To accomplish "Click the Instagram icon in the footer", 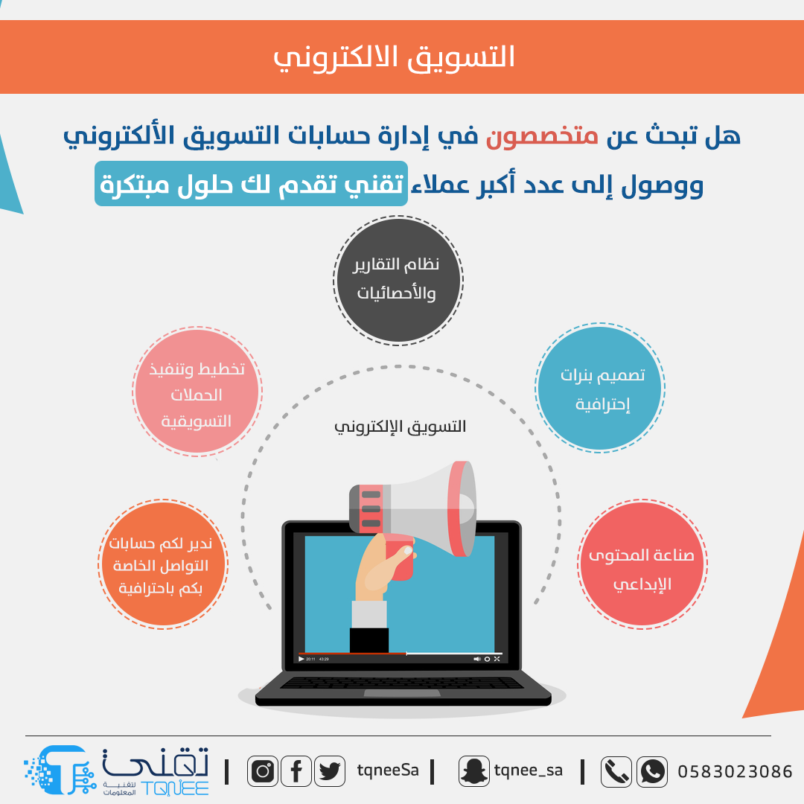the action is (263, 770).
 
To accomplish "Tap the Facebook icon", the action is (296, 770).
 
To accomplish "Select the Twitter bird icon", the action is (330, 770).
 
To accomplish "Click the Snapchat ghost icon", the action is (473, 770).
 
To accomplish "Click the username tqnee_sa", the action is (528, 770).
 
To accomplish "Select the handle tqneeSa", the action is (388, 770).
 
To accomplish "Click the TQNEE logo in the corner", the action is (116, 770).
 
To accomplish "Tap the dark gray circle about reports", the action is (398, 281).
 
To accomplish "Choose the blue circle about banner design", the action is (600, 388).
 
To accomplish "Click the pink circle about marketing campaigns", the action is (197, 392).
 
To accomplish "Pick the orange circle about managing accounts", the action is (163, 564).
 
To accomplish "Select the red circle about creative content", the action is (642, 564).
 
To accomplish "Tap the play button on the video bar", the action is (301, 659).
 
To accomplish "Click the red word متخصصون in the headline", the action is (542, 136).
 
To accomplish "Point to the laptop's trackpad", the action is (402, 693).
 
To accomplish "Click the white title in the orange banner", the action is (394, 57).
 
